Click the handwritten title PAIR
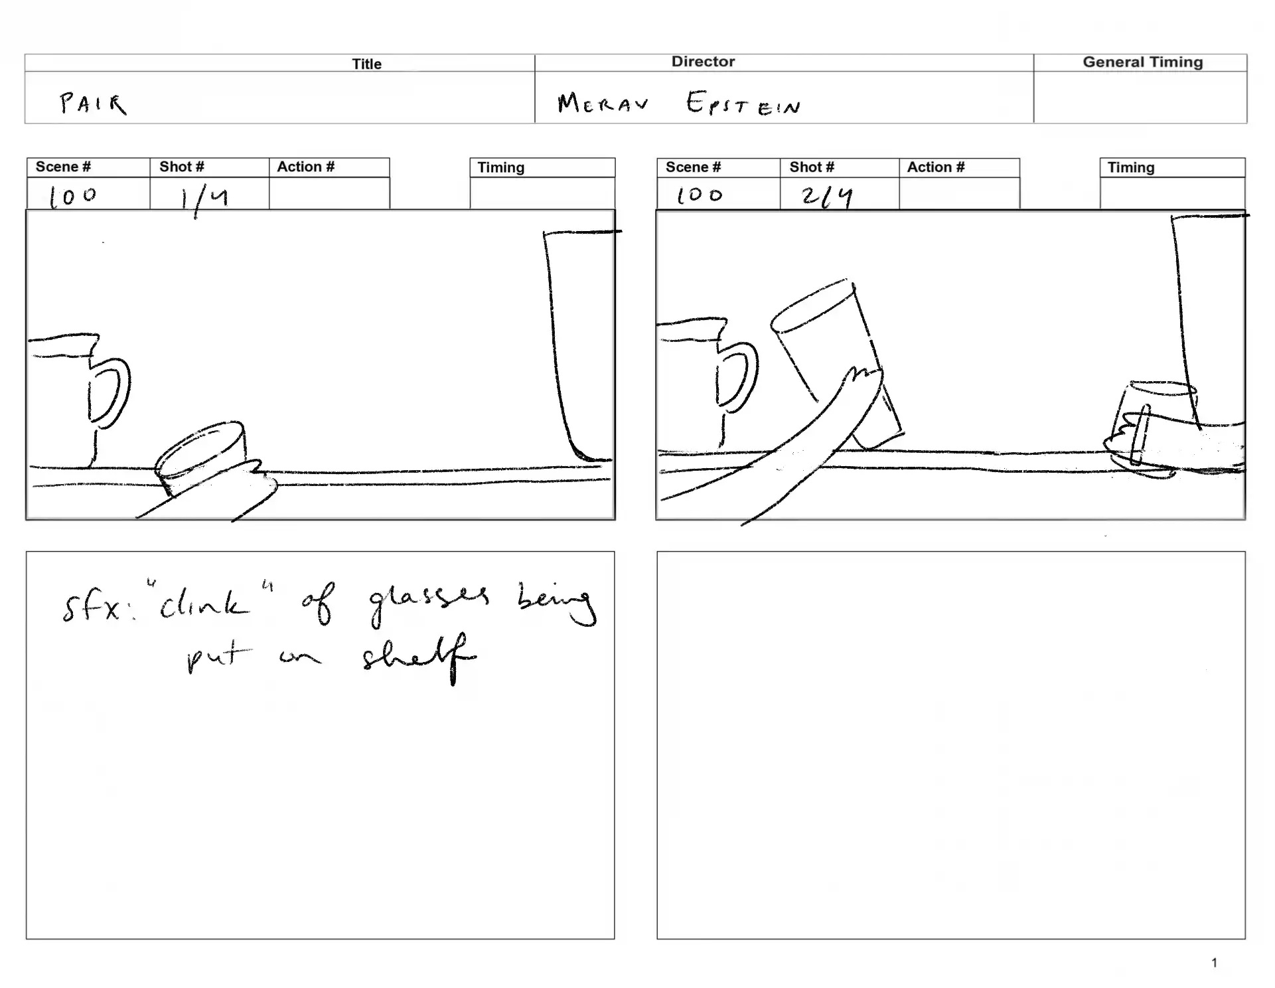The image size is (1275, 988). coord(93,104)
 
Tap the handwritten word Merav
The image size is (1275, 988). coord(603,103)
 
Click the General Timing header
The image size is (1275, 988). coord(1142,62)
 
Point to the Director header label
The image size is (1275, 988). coord(703,61)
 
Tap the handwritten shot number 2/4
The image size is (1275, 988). coord(826,197)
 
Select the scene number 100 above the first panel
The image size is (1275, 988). coord(73,197)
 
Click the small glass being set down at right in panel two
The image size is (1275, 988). coord(1155,428)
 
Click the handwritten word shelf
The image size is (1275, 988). coord(418,657)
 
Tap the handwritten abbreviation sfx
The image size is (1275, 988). coord(93,607)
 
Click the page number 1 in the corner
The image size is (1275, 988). coord(1214,962)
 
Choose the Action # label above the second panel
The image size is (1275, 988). coord(936,167)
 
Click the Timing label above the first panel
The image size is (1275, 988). coord(500,167)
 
